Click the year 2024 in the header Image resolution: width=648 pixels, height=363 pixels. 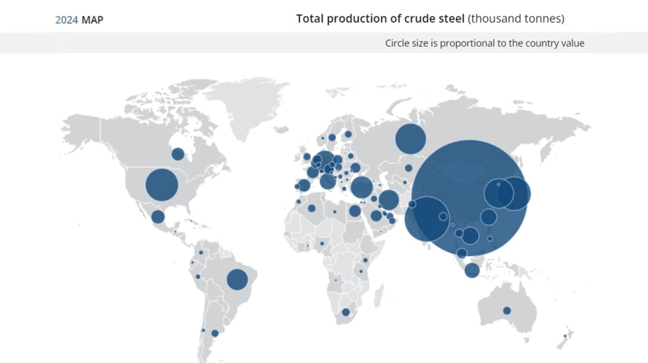coord(66,20)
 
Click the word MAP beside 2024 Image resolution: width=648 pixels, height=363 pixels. coord(92,20)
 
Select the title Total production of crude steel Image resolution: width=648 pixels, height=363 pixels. coord(380,19)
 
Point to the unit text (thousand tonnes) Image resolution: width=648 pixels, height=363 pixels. coord(516,19)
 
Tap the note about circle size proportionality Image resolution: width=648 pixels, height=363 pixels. coord(484,43)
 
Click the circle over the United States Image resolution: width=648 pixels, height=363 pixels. coord(162,185)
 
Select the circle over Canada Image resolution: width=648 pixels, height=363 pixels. coord(178,154)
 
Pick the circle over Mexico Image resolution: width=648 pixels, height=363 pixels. coord(158,217)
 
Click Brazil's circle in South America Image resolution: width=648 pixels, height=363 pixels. coord(237,279)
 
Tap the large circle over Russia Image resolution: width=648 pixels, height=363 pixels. coord(410,139)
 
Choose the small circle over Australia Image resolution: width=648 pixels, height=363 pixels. coord(507,311)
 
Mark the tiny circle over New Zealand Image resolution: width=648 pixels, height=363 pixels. coord(565,336)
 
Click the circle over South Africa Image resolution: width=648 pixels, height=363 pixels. coord(346,312)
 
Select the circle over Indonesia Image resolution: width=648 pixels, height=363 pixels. coord(472,270)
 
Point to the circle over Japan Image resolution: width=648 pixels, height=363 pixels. coord(514,193)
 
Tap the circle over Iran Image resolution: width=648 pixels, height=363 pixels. coord(388,200)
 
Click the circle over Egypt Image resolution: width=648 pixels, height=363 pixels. coord(354,211)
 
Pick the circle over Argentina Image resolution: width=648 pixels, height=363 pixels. coord(215,333)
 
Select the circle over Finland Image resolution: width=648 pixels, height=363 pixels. coord(348,134)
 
